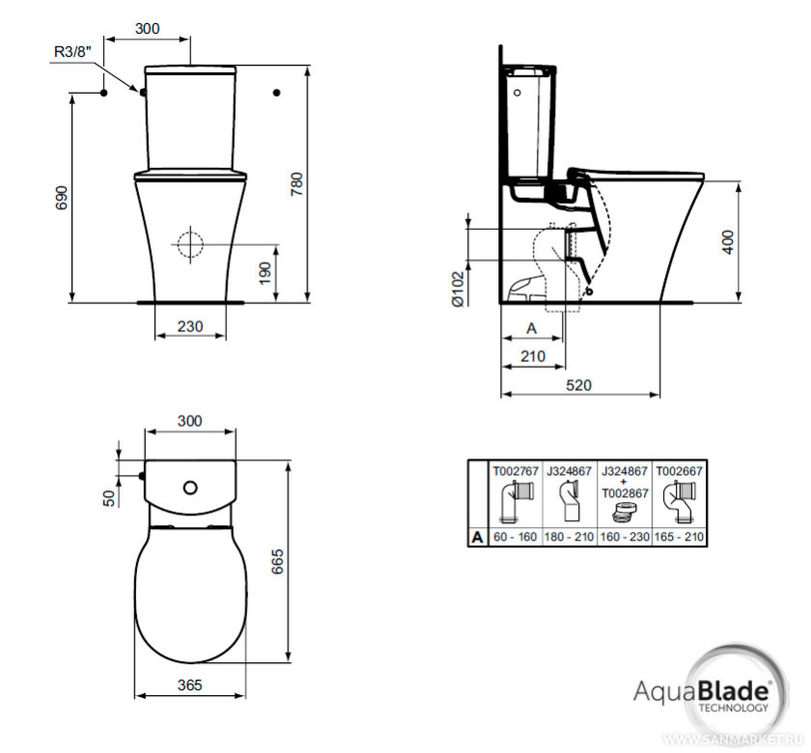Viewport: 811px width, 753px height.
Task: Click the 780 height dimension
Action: (297, 183)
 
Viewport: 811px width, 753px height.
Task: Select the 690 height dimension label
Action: (62, 198)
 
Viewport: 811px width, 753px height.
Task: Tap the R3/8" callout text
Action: (72, 51)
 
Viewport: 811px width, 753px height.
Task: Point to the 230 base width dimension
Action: (190, 326)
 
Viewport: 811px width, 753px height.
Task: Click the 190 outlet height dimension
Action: (265, 273)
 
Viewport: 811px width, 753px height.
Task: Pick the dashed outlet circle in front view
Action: (190, 244)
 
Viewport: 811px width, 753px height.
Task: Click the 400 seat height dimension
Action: (728, 241)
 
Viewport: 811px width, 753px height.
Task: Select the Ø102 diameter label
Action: (459, 289)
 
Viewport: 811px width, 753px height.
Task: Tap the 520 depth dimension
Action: (578, 385)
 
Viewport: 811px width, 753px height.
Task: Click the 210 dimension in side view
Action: (533, 356)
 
